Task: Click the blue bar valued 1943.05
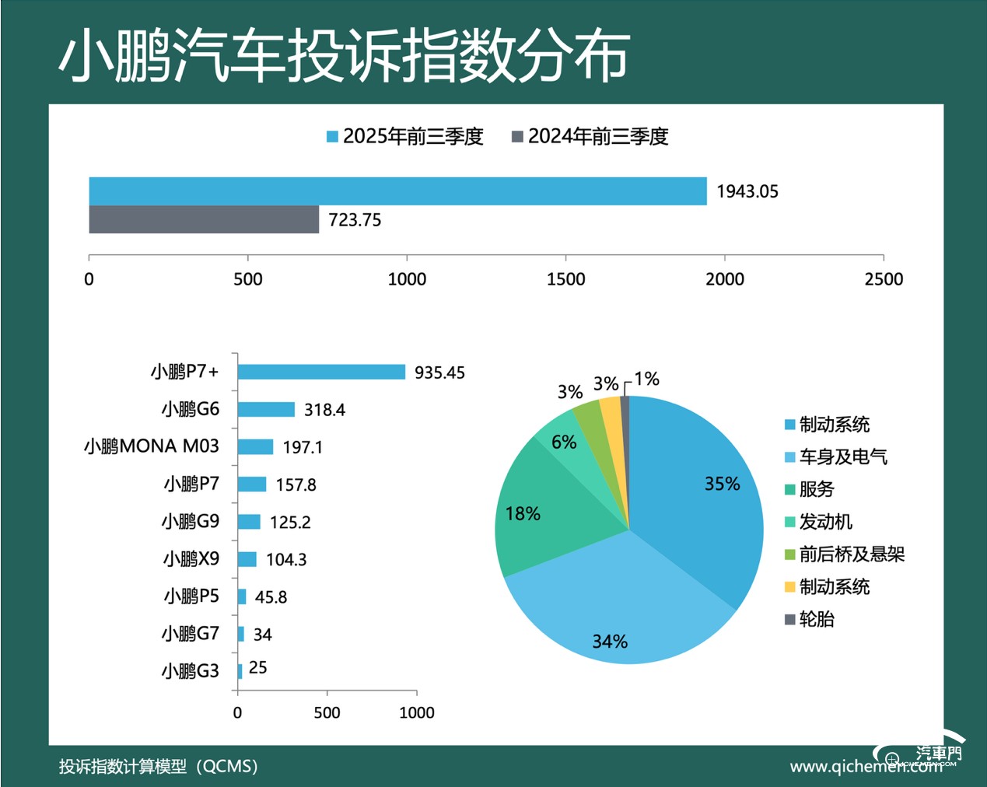(x=397, y=191)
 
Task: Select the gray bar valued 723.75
(x=204, y=219)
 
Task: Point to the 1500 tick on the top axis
(x=565, y=279)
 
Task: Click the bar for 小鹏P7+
(x=321, y=372)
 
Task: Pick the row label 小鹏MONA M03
(x=152, y=446)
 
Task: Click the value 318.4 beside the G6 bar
(x=324, y=410)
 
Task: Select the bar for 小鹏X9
(x=247, y=559)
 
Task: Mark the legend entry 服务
(x=816, y=489)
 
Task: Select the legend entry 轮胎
(x=816, y=619)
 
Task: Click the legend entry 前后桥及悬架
(x=851, y=554)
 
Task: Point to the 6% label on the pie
(x=564, y=442)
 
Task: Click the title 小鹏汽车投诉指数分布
(x=344, y=56)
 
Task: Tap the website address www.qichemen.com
(x=866, y=767)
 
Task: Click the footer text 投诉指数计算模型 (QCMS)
(x=159, y=766)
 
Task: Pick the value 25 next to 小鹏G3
(x=257, y=668)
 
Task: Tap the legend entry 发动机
(x=825, y=522)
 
